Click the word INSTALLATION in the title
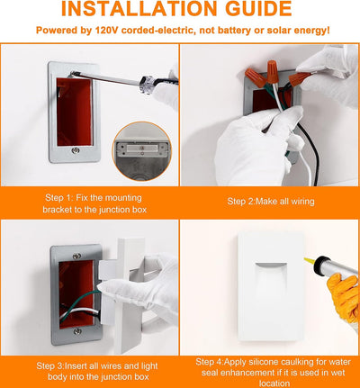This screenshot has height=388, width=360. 139,8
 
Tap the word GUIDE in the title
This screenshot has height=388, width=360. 258,8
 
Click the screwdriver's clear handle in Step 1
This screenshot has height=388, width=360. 148,84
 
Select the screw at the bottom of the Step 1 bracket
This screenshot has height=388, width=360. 75,150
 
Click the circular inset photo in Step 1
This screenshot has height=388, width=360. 142,151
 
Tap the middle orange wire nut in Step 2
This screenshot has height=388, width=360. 273,71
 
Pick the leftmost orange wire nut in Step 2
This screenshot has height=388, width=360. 255,77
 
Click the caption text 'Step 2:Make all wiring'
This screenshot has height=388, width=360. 271,201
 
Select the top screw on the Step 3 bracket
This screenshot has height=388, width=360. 76,256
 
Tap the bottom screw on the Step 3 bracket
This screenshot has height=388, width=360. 77,331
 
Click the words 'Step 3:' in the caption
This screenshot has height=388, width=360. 50,366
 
